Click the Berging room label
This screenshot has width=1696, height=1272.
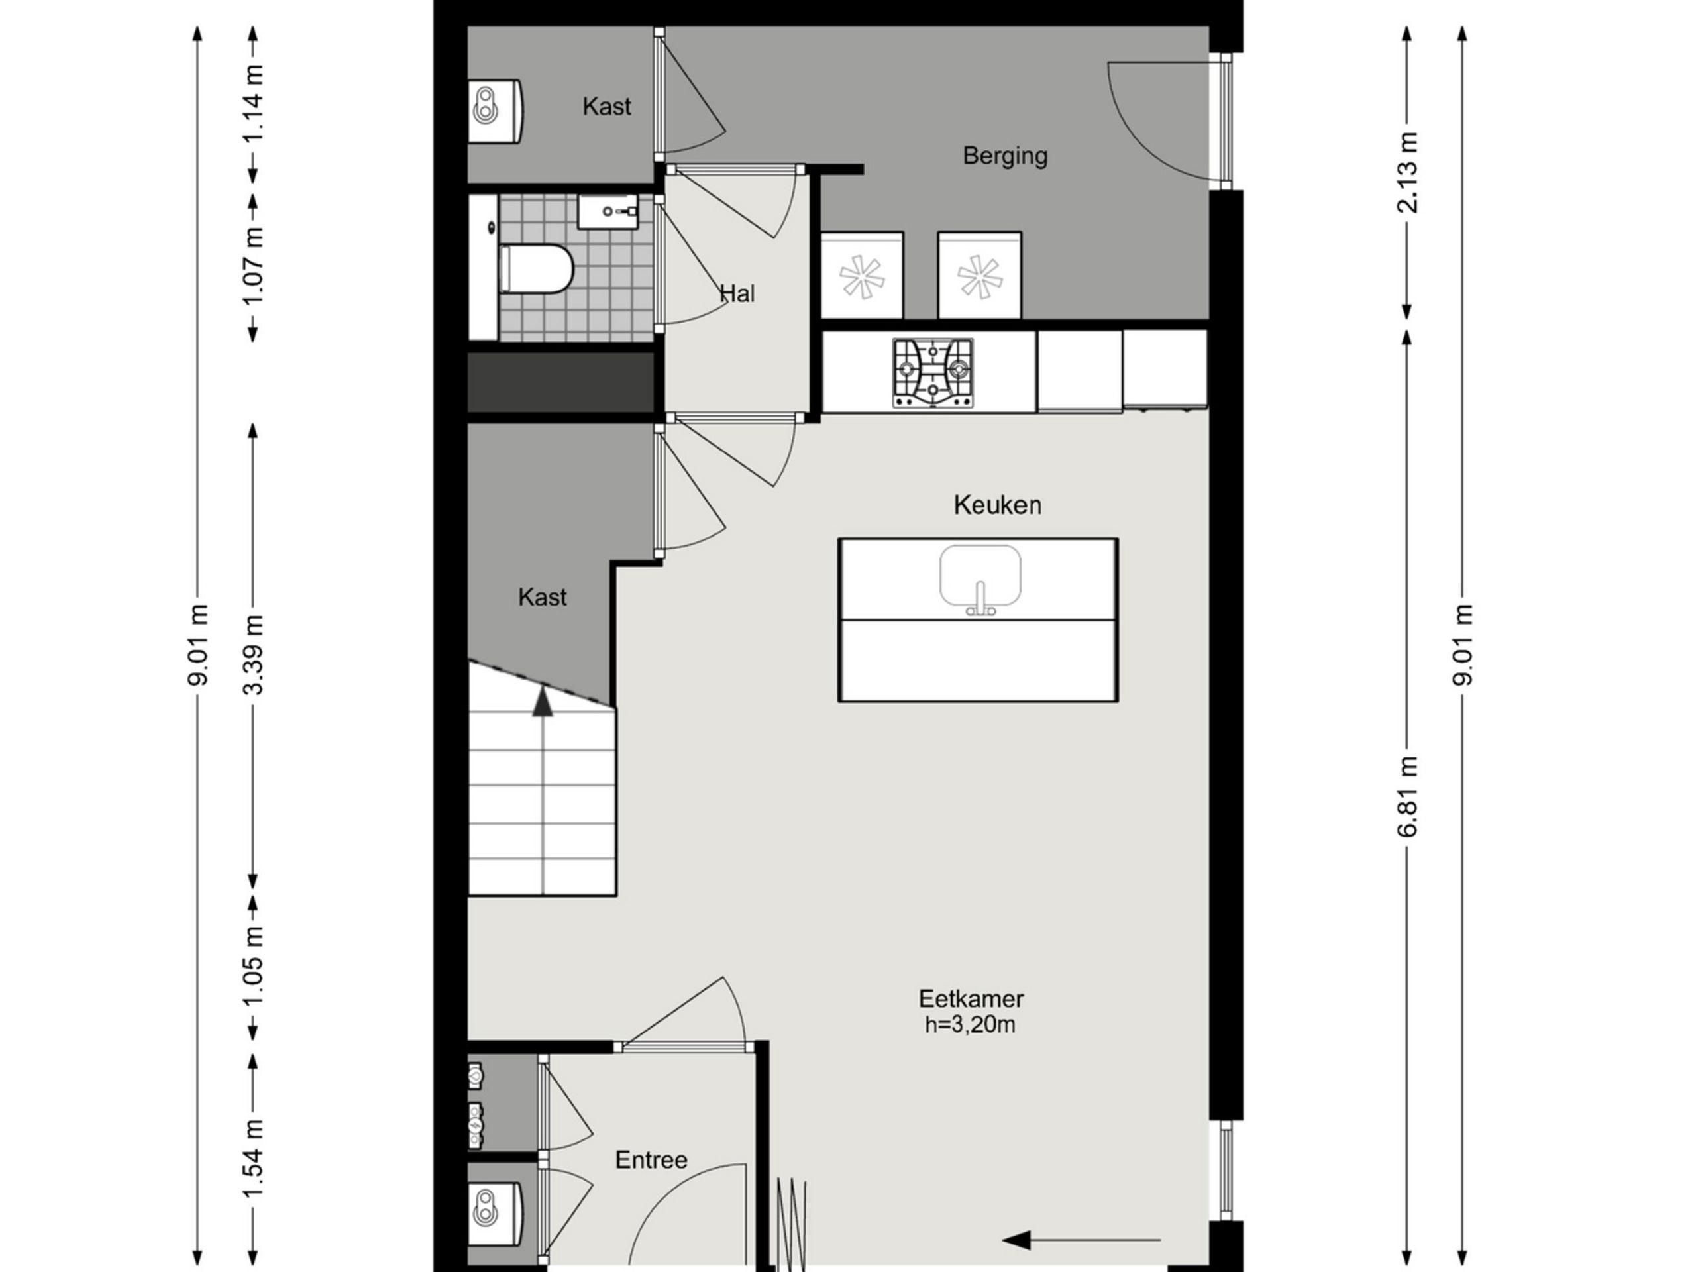tap(1004, 156)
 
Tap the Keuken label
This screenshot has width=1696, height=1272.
tap(998, 505)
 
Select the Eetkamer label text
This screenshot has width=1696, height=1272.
tap(971, 999)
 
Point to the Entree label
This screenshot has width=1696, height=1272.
tap(651, 1159)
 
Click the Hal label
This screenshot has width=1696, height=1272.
tap(737, 293)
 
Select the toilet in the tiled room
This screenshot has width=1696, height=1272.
tap(536, 268)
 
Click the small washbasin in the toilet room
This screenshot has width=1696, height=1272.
tap(608, 211)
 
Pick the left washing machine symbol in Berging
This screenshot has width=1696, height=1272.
tap(862, 275)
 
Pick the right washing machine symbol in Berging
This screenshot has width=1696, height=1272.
tap(979, 275)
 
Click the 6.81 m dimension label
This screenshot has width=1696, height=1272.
tap(1408, 796)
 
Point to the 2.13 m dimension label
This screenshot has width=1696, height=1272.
tap(1408, 172)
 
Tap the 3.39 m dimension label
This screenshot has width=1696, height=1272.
tap(253, 654)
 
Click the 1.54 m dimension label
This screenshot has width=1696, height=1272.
tap(253, 1159)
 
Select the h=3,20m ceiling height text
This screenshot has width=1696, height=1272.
tap(970, 1025)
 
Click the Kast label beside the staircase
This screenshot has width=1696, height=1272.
tap(542, 598)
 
